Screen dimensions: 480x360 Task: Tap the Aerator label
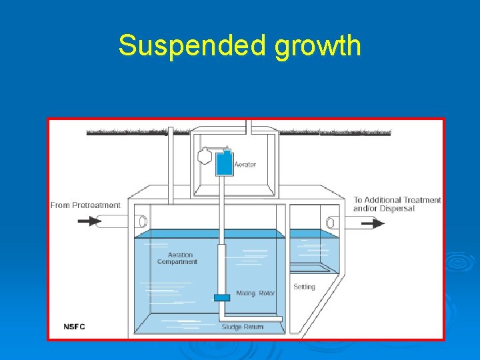[245, 165]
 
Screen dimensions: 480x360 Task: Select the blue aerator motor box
[224, 162]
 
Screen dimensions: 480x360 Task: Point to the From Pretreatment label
[85, 205]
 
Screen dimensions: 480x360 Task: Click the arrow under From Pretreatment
[89, 221]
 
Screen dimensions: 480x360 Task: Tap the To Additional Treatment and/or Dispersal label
[397, 204]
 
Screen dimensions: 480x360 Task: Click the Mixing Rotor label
[255, 293]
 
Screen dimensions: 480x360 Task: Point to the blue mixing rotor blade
[221, 297]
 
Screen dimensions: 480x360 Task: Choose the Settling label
[304, 287]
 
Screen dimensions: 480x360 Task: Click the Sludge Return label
[243, 327]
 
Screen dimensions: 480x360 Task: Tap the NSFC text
[74, 327]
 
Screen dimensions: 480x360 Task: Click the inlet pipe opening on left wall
[141, 221]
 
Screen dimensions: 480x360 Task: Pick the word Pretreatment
[97, 205]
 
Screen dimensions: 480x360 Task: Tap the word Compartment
[177, 262]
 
